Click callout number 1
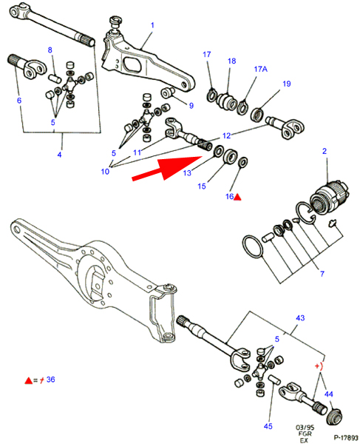(152, 25)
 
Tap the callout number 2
(325, 151)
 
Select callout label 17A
(260, 69)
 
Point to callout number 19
(287, 84)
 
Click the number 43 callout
(300, 318)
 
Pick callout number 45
(268, 426)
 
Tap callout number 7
(322, 274)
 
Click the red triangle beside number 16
(237, 197)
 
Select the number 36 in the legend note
(50, 380)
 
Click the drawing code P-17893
(345, 438)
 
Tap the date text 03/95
(305, 427)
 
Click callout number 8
(50, 50)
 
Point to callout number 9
(191, 106)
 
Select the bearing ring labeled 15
(231, 155)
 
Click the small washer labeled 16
(243, 162)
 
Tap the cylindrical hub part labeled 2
(330, 196)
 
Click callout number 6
(19, 100)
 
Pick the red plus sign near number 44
(317, 366)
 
